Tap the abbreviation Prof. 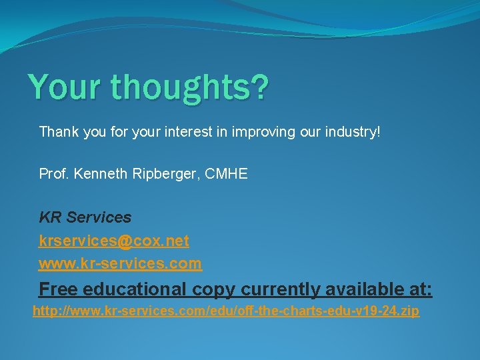click(55, 174)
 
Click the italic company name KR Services click(85, 217)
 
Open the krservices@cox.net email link click(114, 241)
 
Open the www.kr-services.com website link click(120, 264)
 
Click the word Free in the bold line click(59, 289)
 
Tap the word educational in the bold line click(134, 289)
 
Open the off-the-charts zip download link click(226, 311)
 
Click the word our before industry click(309, 132)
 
